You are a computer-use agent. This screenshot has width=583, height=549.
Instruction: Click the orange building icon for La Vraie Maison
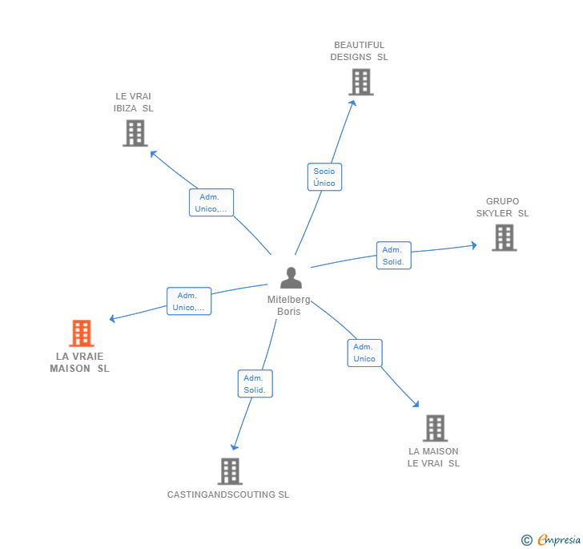coord(82,333)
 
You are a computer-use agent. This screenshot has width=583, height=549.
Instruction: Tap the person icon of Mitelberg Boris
coord(291,278)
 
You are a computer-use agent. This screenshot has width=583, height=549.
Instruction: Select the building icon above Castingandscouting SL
coord(230,471)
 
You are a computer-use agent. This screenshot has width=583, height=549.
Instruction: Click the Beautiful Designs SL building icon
coord(361,82)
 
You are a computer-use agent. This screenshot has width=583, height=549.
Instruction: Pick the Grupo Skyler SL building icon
coord(504,237)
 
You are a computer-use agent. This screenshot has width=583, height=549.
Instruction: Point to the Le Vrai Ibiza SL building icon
coord(135,133)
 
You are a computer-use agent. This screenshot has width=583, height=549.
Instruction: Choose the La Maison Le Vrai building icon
coord(435,428)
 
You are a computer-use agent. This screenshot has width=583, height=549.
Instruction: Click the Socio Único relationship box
coord(324,177)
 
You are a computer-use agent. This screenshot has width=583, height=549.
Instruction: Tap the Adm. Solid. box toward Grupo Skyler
coord(393,256)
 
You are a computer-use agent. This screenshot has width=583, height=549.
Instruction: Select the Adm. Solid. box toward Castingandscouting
coord(255,384)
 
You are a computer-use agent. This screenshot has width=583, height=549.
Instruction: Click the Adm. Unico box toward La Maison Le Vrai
coord(364,353)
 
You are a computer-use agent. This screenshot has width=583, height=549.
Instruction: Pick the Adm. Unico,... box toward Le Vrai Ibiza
coord(211,203)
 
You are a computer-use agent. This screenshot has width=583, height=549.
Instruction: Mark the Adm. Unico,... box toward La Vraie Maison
coord(189,301)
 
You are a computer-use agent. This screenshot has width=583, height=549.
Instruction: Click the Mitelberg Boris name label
coord(289,305)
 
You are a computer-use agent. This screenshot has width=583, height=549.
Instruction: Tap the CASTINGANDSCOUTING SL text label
coord(228,495)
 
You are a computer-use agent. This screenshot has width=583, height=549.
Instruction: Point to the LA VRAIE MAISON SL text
coord(79,362)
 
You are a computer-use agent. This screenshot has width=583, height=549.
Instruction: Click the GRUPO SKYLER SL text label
coord(502,208)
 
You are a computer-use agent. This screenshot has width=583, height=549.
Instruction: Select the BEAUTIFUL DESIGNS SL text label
coord(359,51)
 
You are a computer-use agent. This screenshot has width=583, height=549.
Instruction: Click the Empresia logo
coord(558,540)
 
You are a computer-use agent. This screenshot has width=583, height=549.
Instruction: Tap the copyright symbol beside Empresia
coord(527,540)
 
